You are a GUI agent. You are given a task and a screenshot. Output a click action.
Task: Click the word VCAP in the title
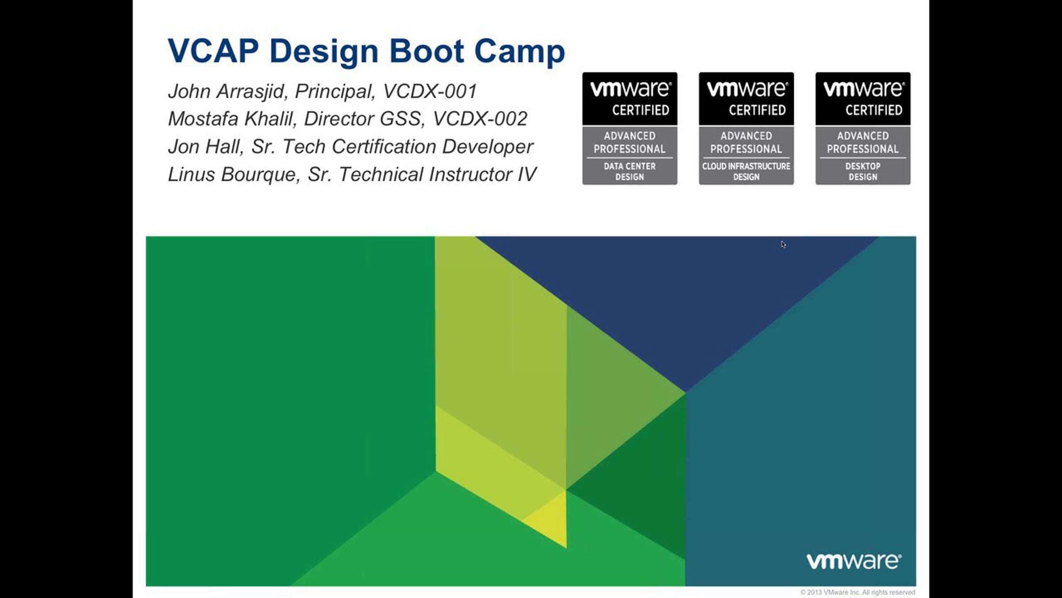(213, 51)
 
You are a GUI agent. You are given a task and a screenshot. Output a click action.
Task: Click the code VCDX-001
(430, 91)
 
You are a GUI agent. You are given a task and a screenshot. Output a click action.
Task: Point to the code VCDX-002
(480, 119)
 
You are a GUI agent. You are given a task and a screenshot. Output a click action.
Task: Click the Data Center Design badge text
(630, 171)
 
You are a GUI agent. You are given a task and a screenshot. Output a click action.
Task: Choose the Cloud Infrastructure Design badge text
(746, 171)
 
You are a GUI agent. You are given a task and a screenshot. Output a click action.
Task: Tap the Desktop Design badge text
(863, 171)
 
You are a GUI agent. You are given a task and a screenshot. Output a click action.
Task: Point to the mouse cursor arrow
(783, 244)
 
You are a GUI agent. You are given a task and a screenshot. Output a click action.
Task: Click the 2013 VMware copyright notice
(858, 592)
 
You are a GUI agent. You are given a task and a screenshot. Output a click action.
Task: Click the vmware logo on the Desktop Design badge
(863, 89)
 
